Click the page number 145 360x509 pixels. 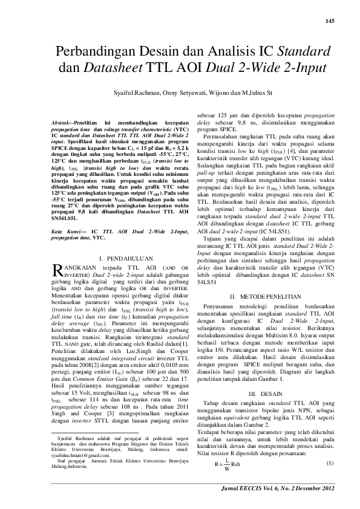tap(329, 22)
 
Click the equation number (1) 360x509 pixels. tap(330, 463)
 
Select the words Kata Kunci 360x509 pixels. tap(62, 248)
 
